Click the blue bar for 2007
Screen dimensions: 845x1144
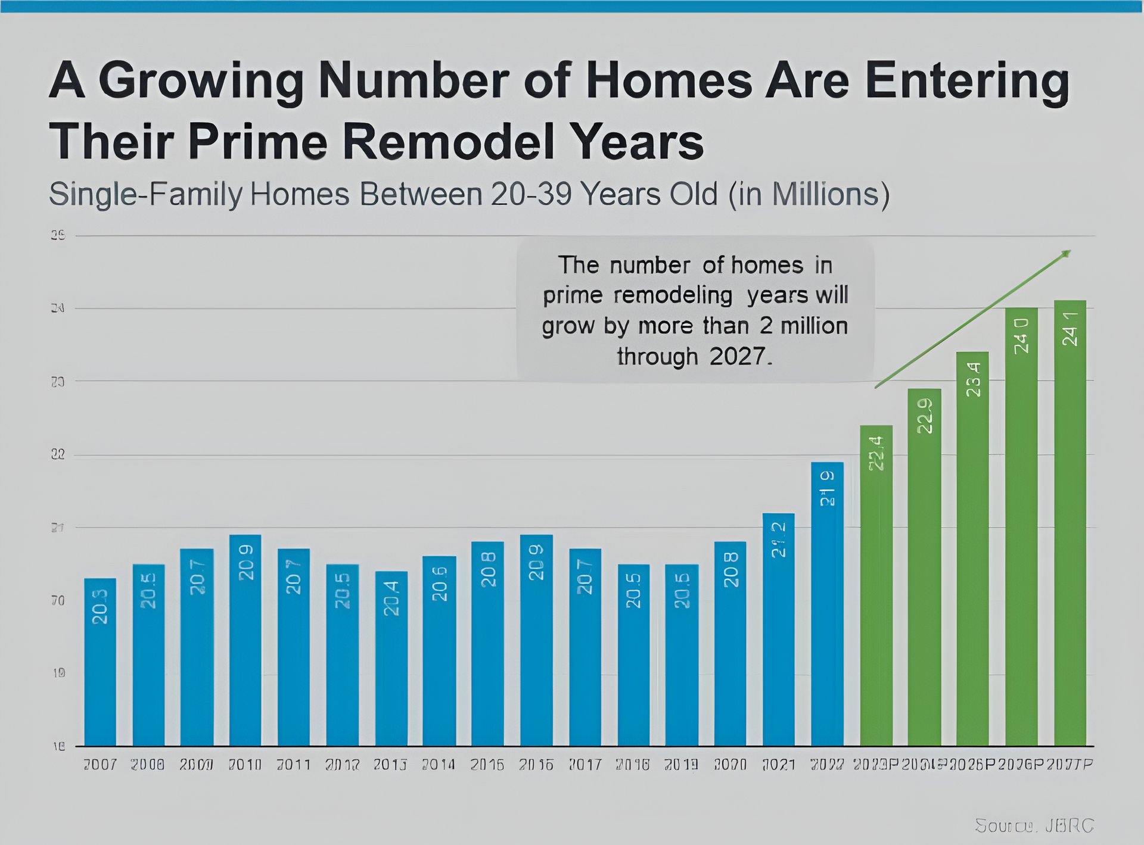[100, 661]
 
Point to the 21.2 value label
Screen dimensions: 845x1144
[779, 540]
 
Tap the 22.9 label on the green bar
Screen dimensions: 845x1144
[925, 415]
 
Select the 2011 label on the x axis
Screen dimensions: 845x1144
[294, 764]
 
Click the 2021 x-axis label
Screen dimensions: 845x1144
[779, 764]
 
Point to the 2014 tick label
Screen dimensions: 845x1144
[439, 764]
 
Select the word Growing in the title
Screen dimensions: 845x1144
[201, 80]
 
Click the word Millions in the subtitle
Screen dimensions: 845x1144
[825, 194]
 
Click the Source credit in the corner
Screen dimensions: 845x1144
[1034, 825]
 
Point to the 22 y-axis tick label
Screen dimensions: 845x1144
[58, 455]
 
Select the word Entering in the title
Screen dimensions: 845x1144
[966, 80]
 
